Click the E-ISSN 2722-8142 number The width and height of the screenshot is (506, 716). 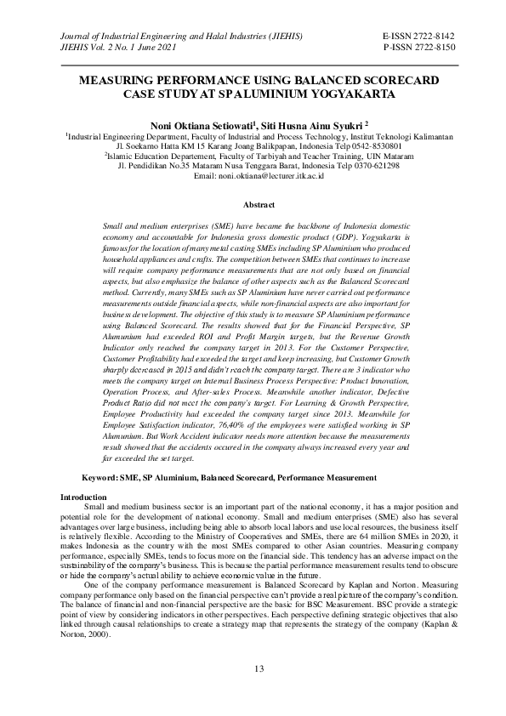[x=419, y=37]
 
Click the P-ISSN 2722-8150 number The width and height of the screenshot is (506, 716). [x=419, y=48]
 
